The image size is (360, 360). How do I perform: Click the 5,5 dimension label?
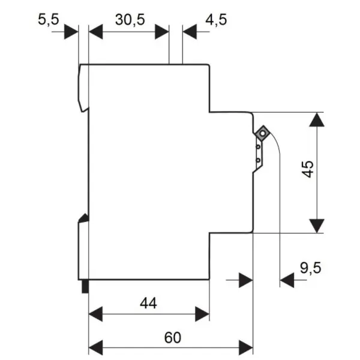[49, 19]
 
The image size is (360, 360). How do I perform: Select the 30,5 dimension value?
[130, 20]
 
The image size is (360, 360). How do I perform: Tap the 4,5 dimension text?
[216, 20]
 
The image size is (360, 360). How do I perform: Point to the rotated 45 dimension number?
[308, 169]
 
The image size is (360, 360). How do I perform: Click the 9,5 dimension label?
[310, 268]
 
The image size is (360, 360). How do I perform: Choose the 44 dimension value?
[148, 303]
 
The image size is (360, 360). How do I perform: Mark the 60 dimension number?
[173, 337]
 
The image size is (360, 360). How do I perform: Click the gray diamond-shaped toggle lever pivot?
[262, 133]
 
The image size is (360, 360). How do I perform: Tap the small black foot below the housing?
[85, 287]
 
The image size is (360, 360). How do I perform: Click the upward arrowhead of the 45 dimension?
[317, 119]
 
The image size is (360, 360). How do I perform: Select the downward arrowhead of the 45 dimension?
[317, 226]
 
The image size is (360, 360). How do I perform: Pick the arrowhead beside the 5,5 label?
[71, 32]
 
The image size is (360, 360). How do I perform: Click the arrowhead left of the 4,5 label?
[190, 32]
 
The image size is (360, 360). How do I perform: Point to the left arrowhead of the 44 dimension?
[95, 314]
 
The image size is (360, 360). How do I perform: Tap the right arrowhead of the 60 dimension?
[245, 347]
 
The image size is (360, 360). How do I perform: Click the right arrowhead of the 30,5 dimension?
[162, 32]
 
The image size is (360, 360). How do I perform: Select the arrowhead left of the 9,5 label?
[287, 280]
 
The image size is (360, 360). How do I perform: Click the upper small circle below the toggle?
[258, 146]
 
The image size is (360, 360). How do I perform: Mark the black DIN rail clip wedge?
[84, 218]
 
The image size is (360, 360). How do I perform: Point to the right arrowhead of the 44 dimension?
[202, 314]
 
